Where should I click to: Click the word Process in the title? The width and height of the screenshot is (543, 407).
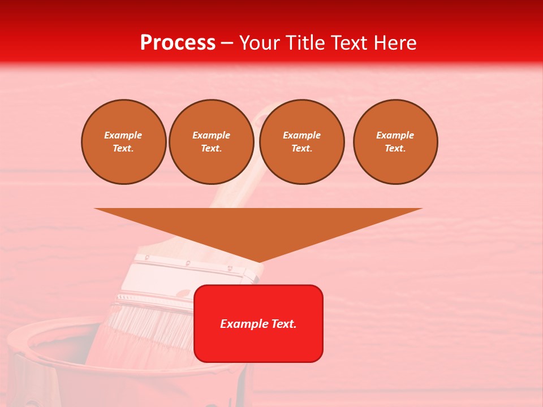(x=178, y=43)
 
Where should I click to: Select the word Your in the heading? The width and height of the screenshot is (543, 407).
(x=260, y=43)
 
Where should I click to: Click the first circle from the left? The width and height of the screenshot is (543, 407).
(x=124, y=142)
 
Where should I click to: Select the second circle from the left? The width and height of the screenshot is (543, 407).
(x=212, y=142)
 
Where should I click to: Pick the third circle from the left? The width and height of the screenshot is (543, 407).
(x=302, y=142)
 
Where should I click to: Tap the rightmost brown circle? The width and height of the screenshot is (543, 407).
(x=395, y=142)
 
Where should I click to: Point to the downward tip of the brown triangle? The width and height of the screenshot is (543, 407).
(x=259, y=262)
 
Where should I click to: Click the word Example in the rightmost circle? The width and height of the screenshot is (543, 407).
(x=395, y=135)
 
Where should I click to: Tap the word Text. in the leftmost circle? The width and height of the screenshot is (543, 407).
(x=123, y=149)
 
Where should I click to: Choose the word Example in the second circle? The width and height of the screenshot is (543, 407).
(x=212, y=135)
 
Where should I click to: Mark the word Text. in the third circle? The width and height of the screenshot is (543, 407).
(x=302, y=149)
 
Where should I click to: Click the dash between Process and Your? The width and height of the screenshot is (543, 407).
(x=227, y=43)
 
